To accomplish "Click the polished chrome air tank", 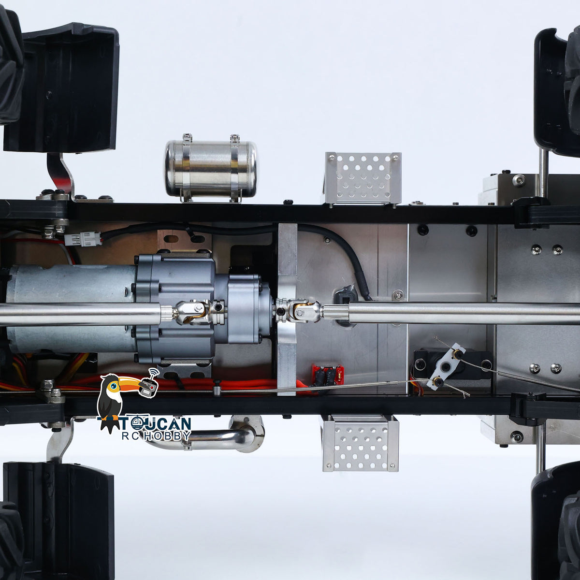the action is click(211, 167).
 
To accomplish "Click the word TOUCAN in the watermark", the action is click(156, 424).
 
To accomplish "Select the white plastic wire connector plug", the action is click(83, 239).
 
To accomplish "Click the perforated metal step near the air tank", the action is click(363, 178).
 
